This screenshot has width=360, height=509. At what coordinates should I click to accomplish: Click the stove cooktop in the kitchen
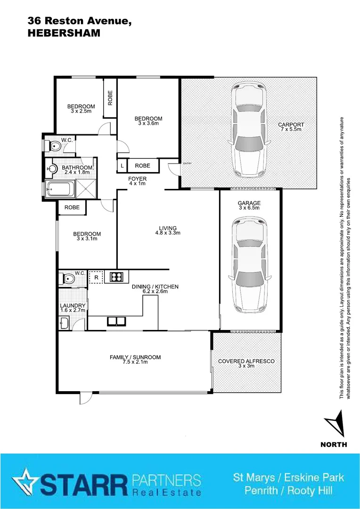coord(116,277)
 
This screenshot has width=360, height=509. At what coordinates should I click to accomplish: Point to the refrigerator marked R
coord(96,278)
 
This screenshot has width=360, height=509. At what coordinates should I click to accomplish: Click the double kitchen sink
coord(115,322)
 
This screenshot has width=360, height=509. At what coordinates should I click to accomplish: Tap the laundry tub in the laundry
coord(64,323)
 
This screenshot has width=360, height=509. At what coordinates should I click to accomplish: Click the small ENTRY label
coord(188,164)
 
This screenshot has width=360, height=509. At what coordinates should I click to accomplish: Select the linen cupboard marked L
coord(122,166)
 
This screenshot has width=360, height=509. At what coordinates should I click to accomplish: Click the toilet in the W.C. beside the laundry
coord(67,279)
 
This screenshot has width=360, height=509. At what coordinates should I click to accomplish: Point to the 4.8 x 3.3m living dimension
coord(168,233)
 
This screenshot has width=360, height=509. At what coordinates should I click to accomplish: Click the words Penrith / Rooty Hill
coord(288,491)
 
